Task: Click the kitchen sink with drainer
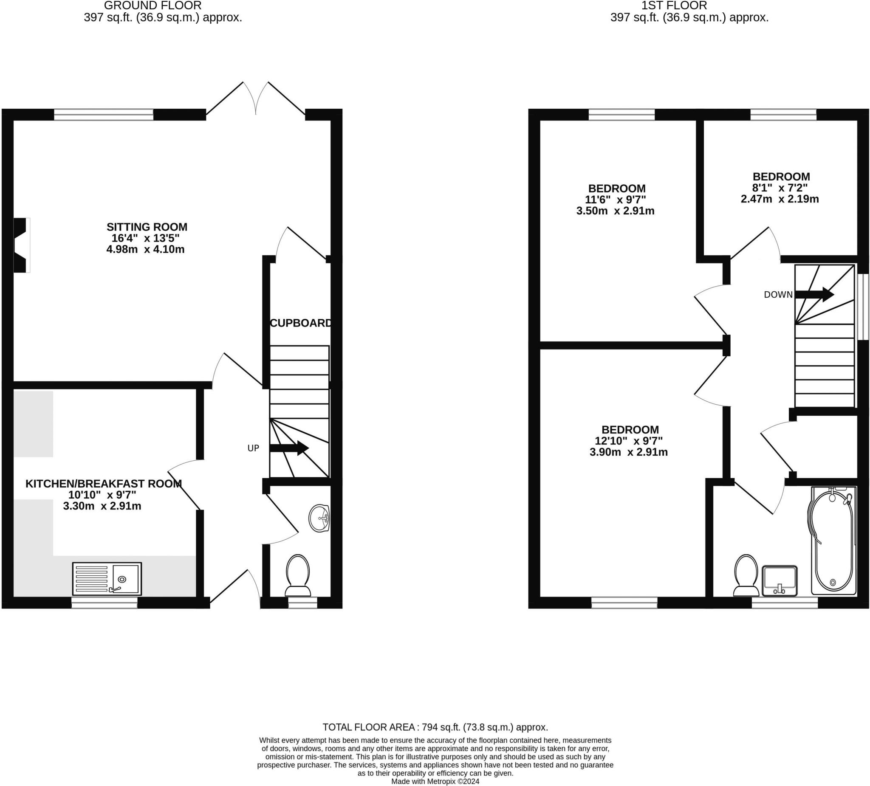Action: pos(107,578)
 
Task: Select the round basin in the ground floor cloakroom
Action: pos(319,518)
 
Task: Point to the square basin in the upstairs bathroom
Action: pos(780,580)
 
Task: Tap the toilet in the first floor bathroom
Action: pos(746,575)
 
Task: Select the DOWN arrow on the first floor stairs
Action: pos(814,294)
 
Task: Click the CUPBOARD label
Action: pos(301,323)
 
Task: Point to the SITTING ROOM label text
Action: pos(147,227)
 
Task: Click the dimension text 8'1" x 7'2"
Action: pos(780,188)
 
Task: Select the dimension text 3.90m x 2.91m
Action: pos(628,452)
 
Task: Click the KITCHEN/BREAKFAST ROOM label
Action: pos(104,484)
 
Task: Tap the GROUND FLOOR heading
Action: pos(153,6)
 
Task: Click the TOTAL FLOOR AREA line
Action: pos(435,727)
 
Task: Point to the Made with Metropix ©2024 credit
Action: pos(435,781)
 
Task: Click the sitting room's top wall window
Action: pos(104,114)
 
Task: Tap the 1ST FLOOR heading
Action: pos(674,6)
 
